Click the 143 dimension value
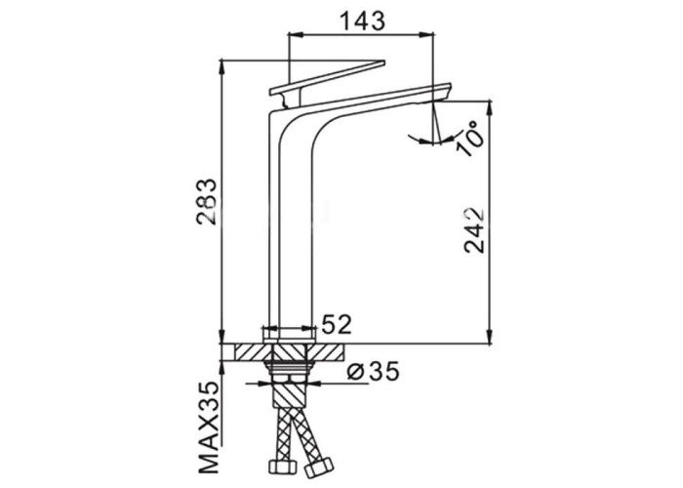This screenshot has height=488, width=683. pyautogui.click(x=362, y=20)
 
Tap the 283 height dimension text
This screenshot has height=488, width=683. pyautogui.click(x=206, y=201)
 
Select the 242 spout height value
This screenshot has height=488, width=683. pyautogui.click(x=474, y=229)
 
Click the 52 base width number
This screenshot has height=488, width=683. pyautogui.click(x=337, y=324)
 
